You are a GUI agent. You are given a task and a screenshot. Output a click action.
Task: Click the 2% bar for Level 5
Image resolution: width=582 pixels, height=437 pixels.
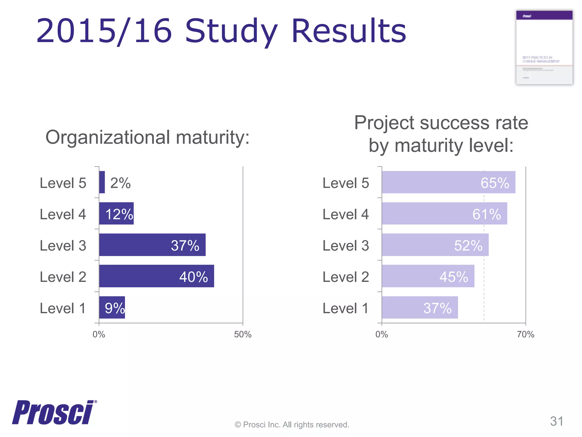(102, 182)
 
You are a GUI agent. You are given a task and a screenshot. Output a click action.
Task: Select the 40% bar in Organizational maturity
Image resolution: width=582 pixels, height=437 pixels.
(156, 276)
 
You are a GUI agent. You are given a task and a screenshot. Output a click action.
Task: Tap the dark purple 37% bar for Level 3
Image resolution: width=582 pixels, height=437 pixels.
(152, 245)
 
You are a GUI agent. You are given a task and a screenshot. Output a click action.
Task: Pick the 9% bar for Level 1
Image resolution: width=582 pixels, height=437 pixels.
(112, 307)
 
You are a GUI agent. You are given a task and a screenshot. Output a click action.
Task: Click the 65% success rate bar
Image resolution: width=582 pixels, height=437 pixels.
(448, 182)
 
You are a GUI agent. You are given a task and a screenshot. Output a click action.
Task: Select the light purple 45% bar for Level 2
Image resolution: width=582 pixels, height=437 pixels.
(428, 276)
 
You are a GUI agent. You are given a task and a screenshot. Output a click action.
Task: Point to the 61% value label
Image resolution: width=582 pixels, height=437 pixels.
(487, 214)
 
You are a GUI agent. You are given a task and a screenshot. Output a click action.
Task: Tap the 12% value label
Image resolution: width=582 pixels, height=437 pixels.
(119, 214)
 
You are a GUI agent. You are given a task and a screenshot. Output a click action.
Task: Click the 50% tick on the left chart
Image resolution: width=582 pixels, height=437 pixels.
(243, 334)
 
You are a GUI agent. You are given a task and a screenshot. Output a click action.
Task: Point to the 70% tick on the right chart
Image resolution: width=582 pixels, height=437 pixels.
(525, 334)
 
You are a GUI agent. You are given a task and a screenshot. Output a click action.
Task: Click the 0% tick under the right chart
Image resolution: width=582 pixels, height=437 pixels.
(382, 334)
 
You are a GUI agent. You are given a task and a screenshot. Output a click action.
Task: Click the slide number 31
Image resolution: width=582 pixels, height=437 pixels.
(556, 421)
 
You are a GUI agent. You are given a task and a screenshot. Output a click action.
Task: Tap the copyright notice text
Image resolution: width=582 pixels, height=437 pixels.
(292, 424)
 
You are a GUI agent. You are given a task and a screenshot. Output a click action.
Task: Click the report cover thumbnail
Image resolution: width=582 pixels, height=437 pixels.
(544, 48)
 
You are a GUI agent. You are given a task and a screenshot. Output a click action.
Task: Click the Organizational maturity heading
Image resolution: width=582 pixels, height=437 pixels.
(147, 137)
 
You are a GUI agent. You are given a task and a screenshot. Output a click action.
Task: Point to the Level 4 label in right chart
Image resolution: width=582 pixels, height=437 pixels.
(346, 214)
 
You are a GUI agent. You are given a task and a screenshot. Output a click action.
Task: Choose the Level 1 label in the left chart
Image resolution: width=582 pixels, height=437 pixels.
(63, 308)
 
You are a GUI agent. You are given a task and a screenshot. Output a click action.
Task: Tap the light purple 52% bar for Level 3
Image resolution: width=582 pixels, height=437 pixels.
(435, 245)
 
